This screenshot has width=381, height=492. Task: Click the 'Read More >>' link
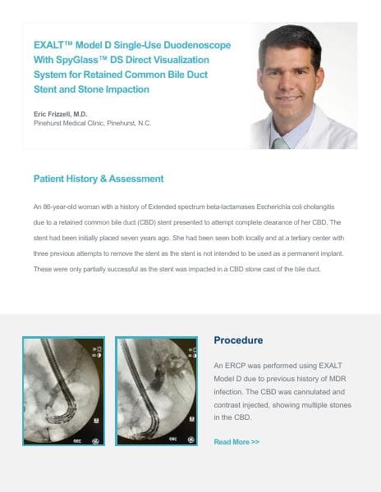coord(236,442)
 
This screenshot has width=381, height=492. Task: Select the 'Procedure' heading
coord(238,340)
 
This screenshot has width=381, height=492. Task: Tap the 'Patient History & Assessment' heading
coord(99,179)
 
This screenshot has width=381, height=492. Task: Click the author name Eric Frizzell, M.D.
coord(61,113)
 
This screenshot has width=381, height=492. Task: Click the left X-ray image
coord(63,391)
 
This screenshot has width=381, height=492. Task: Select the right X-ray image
coord(156,391)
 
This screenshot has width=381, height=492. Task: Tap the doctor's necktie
coord(281,142)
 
